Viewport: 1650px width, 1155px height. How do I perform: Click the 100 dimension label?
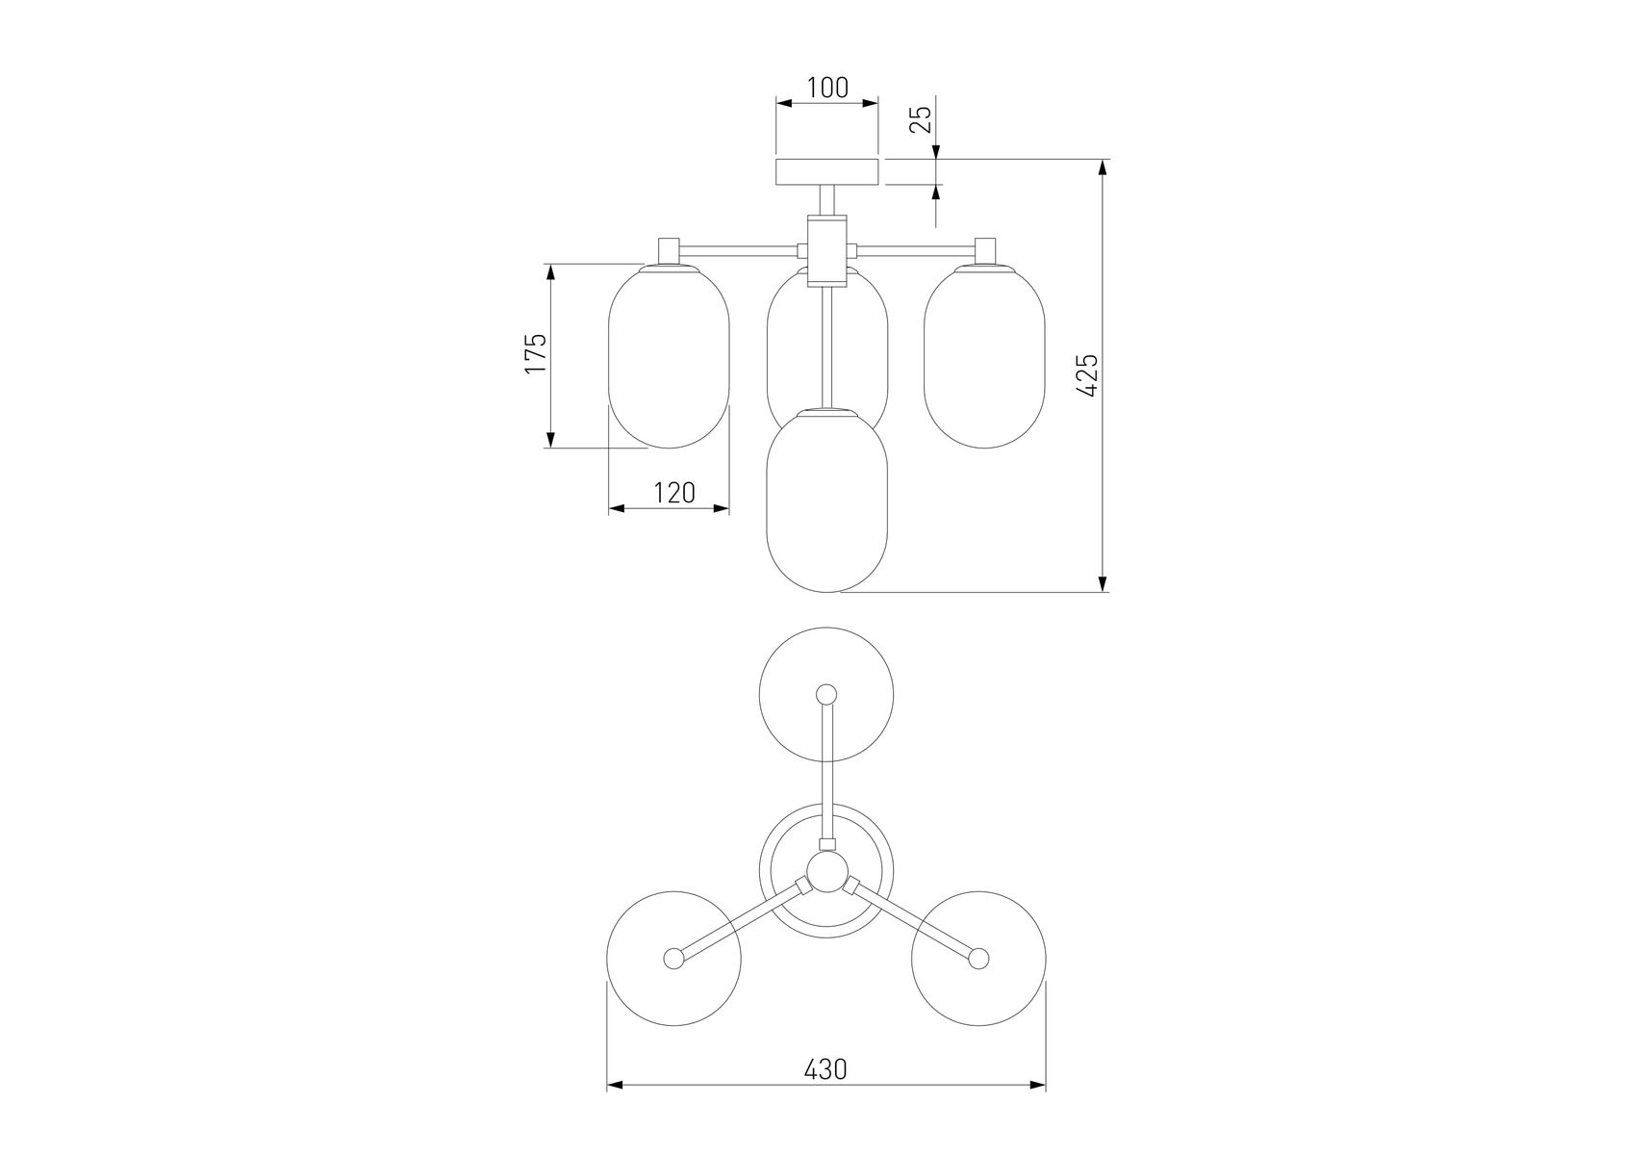coord(827,88)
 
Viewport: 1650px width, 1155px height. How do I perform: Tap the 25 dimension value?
coord(921,118)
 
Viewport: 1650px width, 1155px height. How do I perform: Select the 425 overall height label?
coord(1087,375)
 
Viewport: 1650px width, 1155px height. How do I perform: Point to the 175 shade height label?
coord(536,353)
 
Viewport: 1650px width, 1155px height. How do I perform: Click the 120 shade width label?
coord(673,493)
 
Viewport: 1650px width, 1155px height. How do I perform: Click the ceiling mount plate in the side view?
coord(827,172)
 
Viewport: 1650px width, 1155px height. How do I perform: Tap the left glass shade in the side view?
coord(670,357)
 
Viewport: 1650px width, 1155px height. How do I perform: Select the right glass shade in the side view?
coord(984,357)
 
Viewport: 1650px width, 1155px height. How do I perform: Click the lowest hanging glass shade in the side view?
coord(826,500)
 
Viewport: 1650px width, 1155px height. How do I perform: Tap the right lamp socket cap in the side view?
coord(984,250)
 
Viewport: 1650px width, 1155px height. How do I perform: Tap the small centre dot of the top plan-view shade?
coord(826,694)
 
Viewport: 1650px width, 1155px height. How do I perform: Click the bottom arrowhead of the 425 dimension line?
coord(1104,583)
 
